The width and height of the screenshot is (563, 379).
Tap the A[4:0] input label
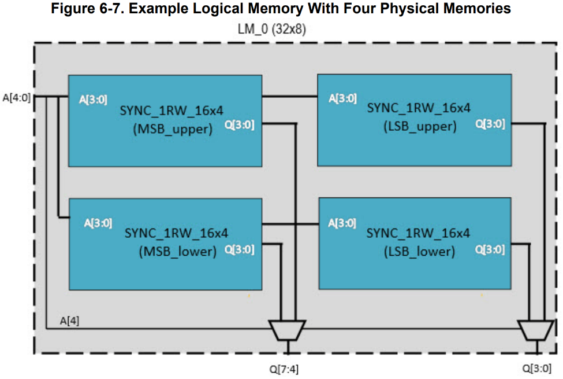(x=16, y=97)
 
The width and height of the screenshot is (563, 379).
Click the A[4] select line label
(x=69, y=320)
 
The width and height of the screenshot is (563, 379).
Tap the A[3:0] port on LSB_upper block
(x=342, y=98)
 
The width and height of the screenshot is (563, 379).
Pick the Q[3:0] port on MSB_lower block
(x=240, y=249)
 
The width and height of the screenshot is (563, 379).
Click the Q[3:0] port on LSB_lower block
(x=490, y=249)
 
